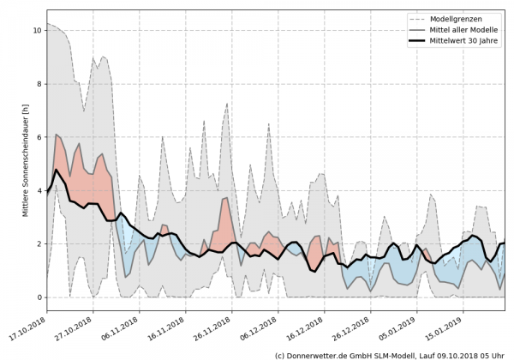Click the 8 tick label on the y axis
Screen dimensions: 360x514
pyautogui.click(x=37, y=84)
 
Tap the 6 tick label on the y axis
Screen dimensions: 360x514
pyautogui.click(x=37, y=137)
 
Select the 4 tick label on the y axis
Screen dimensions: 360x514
pyautogui.click(x=37, y=190)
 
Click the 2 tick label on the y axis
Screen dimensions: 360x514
pyautogui.click(x=37, y=244)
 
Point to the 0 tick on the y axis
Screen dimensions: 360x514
pyautogui.click(x=37, y=297)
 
